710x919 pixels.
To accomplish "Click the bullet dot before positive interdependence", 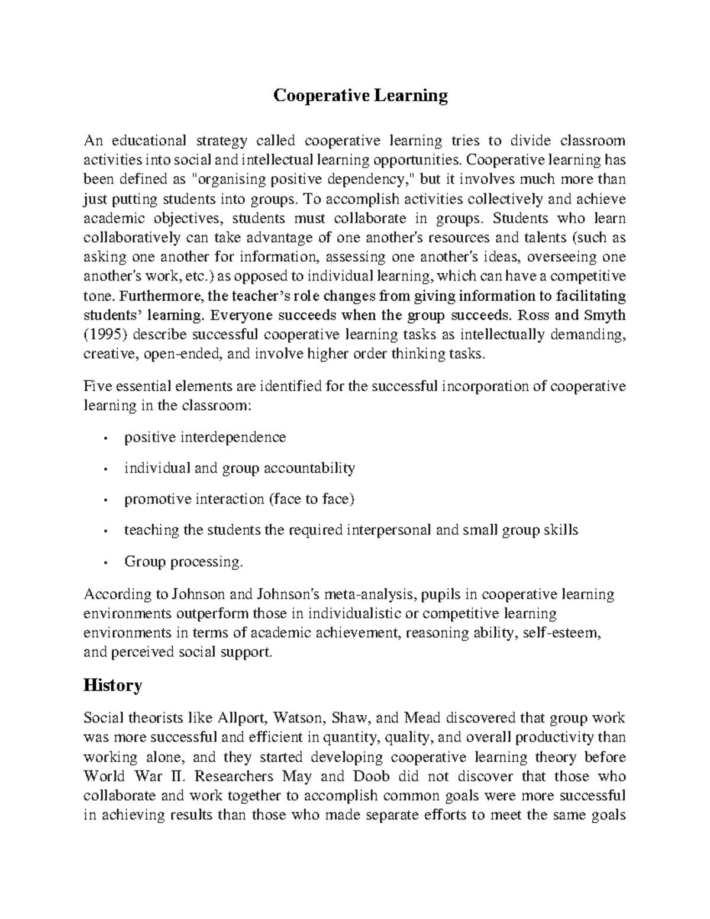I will [x=105, y=438].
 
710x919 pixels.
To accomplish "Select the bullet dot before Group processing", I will [x=105, y=562].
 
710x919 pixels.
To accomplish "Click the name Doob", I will [x=376, y=776].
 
